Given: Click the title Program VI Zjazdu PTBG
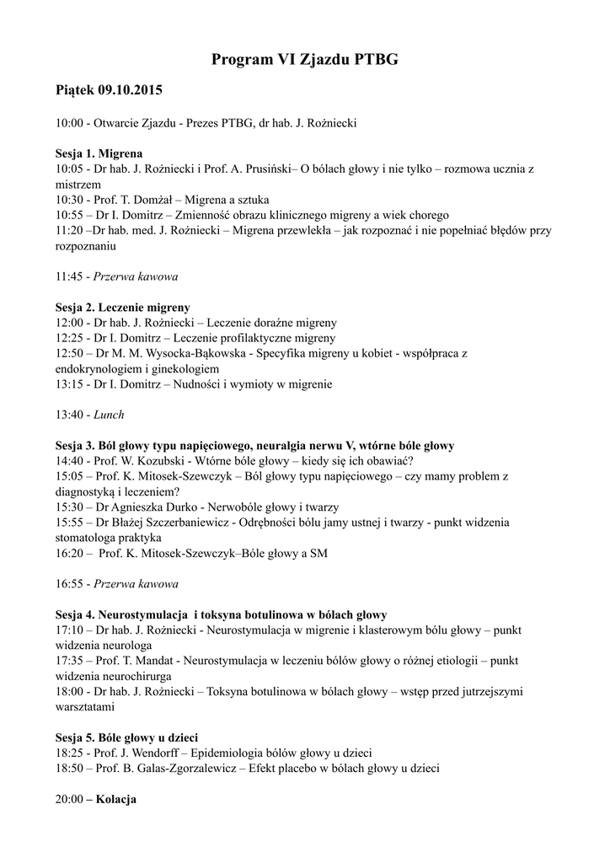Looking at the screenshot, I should pos(304,60).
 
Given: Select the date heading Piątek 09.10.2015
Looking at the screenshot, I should pos(109,89).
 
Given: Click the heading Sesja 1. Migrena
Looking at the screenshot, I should pos(99,154).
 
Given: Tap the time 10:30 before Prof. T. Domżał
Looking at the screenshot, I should pos(69,200).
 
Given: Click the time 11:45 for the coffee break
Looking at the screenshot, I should pos(69,276).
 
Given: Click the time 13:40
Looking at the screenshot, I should pos(69,415).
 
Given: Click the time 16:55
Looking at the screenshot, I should pos(69,583).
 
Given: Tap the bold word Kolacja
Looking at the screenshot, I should pos(116,799).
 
